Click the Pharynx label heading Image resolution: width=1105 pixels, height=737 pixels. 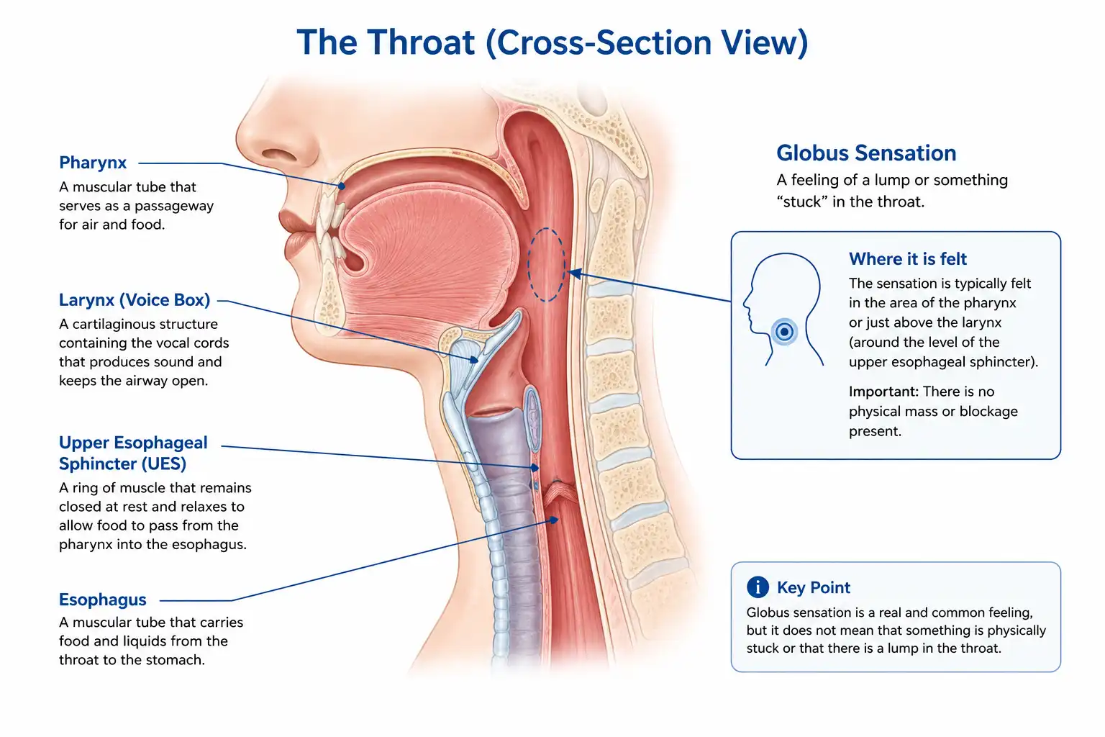tap(93, 163)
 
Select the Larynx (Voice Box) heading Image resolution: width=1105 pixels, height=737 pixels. tap(135, 299)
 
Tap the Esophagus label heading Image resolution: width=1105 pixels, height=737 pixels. tap(103, 600)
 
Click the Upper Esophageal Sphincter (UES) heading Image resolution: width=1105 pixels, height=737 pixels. tap(133, 453)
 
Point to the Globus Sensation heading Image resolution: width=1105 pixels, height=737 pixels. tap(866, 153)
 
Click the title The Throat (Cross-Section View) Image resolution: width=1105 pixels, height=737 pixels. tap(552, 42)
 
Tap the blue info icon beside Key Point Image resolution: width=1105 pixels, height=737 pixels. tap(758, 587)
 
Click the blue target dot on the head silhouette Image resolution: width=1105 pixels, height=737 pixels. tap(784, 331)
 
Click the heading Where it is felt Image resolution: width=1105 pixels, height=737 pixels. tap(908, 258)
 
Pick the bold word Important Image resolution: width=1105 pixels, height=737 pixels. tap(883, 392)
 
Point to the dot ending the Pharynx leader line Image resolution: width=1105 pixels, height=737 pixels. tap(342, 186)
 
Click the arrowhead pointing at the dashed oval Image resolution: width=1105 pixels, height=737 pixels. tap(576, 273)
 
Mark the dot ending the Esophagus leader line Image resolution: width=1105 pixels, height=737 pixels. tap(555, 520)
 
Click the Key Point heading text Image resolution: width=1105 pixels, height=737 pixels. tap(814, 587)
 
